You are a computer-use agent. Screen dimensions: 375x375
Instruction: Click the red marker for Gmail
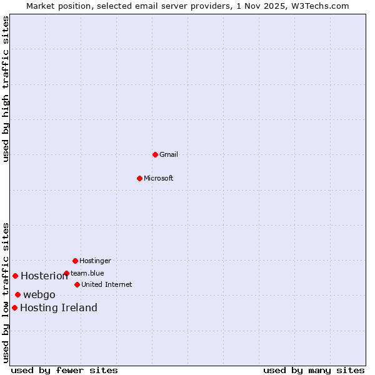155,154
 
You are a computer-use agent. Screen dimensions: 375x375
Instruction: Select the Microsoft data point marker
140,178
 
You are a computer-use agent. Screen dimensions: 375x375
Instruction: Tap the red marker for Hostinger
75,261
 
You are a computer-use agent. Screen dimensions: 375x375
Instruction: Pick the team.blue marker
66,273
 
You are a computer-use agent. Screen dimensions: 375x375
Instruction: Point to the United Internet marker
77,284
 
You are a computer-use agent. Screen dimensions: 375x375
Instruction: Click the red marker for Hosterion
15,276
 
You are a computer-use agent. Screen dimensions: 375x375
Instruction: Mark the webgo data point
17,294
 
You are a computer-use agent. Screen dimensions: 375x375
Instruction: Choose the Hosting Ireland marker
14,307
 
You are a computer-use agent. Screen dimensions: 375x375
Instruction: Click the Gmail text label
169,154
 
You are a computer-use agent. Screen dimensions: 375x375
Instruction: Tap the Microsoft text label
159,178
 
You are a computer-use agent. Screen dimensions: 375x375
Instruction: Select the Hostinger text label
95,261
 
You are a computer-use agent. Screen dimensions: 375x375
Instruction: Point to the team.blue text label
87,273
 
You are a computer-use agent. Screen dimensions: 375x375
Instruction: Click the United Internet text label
107,284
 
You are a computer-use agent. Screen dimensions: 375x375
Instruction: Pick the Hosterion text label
44,276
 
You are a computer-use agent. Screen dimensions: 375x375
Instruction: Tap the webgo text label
39,295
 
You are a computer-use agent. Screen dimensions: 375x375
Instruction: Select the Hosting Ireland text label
59,308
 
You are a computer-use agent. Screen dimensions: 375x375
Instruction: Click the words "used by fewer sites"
64,370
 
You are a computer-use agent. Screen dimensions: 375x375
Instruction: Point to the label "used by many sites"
314,370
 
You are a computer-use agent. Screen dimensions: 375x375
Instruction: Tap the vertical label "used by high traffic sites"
6,89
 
